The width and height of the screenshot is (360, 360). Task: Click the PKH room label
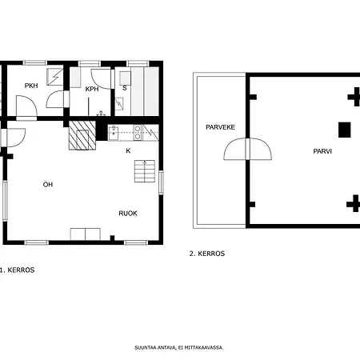point(31,86)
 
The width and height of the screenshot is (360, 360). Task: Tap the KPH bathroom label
point(92,89)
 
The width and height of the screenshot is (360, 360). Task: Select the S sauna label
point(125,88)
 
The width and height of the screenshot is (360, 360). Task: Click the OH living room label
point(48,185)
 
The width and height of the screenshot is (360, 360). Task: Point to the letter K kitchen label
point(128,151)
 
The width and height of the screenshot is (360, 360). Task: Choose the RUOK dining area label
point(128,214)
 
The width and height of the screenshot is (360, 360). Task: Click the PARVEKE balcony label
point(221,127)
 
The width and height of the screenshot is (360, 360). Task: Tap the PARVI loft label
point(322,151)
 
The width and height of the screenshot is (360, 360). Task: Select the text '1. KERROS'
point(17,270)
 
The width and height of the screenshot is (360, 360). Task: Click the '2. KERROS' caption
point(207,254)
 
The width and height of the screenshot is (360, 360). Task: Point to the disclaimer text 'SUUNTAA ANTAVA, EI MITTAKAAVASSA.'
point(179,348)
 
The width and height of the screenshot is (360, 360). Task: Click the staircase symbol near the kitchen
point(145,171)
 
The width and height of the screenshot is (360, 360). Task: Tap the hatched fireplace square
point(82,135)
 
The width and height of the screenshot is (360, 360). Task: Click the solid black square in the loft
point(345,130)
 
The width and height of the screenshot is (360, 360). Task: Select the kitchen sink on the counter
point(114,133)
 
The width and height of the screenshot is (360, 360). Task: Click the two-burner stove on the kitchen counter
point(138,133)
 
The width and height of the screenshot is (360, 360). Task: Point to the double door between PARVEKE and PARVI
point(248,149)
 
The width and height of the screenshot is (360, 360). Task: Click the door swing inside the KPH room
point(101,79)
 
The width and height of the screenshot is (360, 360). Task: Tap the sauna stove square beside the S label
point(125,78)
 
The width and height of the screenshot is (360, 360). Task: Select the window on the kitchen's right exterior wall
point(161,182)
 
